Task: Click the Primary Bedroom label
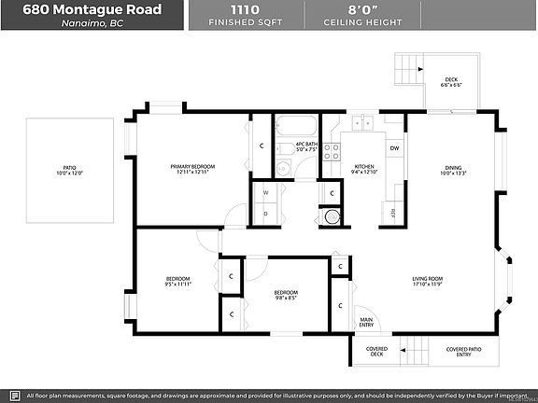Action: [192, 169]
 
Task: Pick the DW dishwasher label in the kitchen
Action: [394, 147]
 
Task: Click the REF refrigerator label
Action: [393, 213]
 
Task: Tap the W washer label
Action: [265, 193]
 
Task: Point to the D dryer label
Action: [265, 214]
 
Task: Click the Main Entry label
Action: [366, 323]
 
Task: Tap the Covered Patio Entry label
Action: [464, 353]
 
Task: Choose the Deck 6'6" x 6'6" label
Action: [450, 82]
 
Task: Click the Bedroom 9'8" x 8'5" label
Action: [286, 296]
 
